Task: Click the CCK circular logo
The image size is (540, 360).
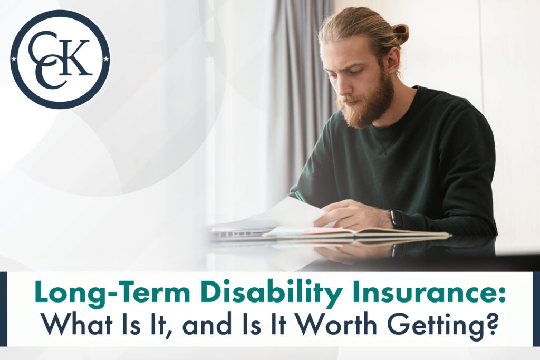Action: click(x=60, y=60)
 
